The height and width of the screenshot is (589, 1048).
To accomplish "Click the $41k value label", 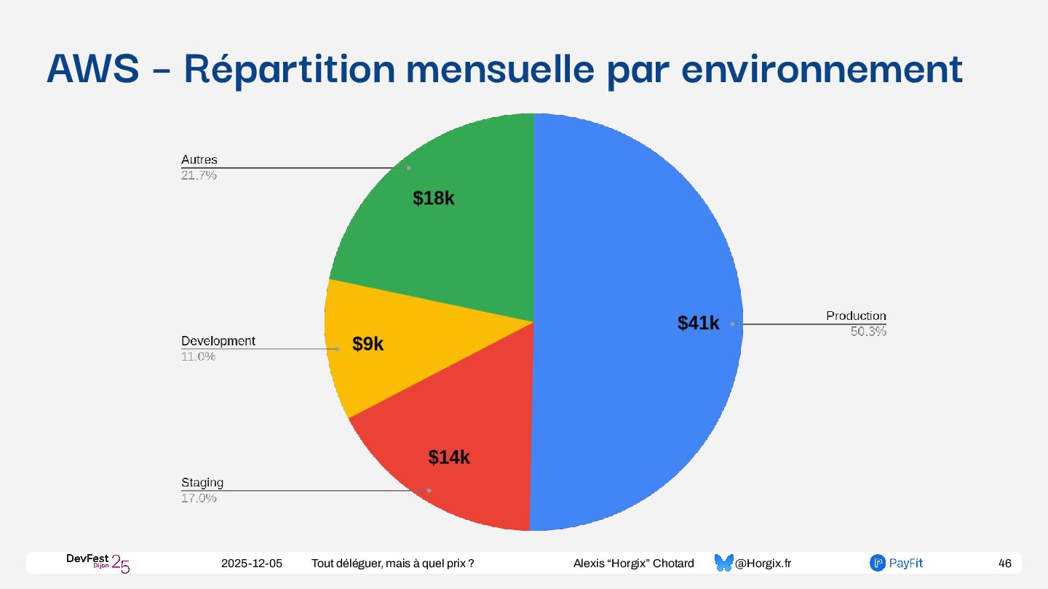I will pyautogui.click(x=698, y=324).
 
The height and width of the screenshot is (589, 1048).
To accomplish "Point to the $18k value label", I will pyautogui.click(x=433, y=198).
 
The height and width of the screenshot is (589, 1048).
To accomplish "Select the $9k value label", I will pyautogui.click(x=368, y=345).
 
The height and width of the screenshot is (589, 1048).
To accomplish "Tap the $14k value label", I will pyautogui.click(x=448, y=457).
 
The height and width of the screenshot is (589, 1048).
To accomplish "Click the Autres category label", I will pyautogui.click(x=199, y=159).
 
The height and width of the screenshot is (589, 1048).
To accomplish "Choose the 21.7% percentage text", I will pyautogui.click(x=199, y=175).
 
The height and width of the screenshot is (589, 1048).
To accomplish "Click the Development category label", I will pyautogui.click(x=218, y=340).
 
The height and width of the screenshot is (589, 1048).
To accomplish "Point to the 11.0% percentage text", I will pyautogui.click(x=198, y=356).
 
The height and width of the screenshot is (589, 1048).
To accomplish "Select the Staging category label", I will pyautogui.click(x=202, y=482).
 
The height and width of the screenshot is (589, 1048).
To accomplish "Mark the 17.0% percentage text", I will pyautogui.click(x=199, y=498).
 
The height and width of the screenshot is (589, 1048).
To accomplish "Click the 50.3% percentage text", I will pyautogui.click(x=868, y=332).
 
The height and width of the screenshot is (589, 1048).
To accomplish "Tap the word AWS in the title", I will pyautogui.click(x=92, y=68).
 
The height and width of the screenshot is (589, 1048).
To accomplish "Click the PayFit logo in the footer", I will pyautogui.click(x=896, y=563).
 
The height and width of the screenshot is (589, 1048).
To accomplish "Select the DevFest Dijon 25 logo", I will pyautogui.click(x=98, y=562).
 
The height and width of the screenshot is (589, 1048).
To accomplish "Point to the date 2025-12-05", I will pyautogui.click(x=252, y=564).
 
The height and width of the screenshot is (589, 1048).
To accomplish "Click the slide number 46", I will pyautogui.click(x=1004, y=564).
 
